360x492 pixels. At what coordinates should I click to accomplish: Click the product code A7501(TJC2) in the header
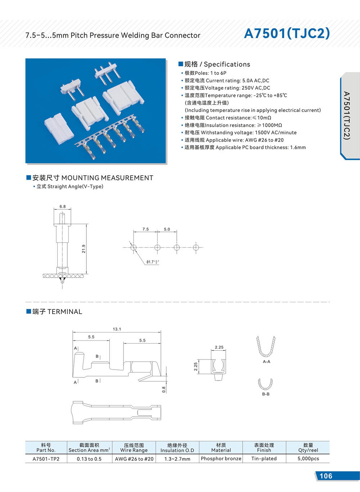(287, 33)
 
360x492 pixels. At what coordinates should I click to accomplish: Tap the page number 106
(326, 476)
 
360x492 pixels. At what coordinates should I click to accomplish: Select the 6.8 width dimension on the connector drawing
(63, 206)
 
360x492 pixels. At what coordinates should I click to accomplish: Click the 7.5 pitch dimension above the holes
(145, 229)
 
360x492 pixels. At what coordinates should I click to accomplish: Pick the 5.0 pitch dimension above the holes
(167, 229)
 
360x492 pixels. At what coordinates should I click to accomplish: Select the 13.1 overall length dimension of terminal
(117, 329)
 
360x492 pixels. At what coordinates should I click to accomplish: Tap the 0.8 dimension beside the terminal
(164, 389)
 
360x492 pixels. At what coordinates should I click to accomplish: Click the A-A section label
(266, 362)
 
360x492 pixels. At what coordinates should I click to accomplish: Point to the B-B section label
(266, 394)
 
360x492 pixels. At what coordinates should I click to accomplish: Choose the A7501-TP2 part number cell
(46, 459)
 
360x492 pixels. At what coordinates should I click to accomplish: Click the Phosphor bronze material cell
(221, 459)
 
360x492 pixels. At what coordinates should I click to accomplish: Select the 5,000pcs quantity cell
(308, 459)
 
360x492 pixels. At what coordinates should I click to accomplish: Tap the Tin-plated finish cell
(264, 459)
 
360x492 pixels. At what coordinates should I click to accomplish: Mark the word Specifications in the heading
(227, 64)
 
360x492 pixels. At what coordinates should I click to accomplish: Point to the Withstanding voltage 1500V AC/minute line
(240, 133)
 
